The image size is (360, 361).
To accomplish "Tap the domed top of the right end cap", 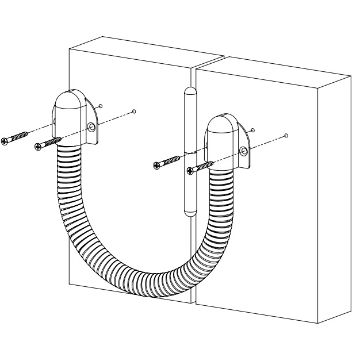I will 221,125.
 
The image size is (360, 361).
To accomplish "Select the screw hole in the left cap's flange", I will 91,127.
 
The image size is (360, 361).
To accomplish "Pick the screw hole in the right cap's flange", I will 244,151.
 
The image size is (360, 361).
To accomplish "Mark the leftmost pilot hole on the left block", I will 101,105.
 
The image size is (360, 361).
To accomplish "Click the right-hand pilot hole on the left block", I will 134,111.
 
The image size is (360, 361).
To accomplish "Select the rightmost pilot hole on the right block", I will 286,136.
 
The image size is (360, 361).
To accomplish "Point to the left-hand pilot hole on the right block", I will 252,130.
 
